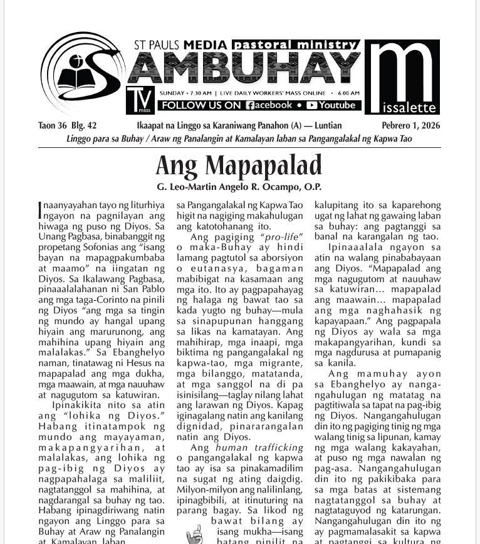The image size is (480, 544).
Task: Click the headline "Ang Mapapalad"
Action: click(x=239, y=165)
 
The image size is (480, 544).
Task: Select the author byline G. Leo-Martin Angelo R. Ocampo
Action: click(x=239, y=187)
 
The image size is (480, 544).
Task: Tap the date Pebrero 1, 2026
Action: click(x=411, y=125)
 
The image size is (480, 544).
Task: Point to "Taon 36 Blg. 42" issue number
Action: click(x=67, y=125)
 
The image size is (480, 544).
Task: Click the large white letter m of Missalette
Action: click(x=402, y=69)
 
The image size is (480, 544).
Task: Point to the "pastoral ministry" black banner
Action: click(x=295, y=44)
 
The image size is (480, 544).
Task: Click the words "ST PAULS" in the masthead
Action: click(x=156, y=45)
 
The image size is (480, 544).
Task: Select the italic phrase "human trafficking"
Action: click(x=259, y=447)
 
